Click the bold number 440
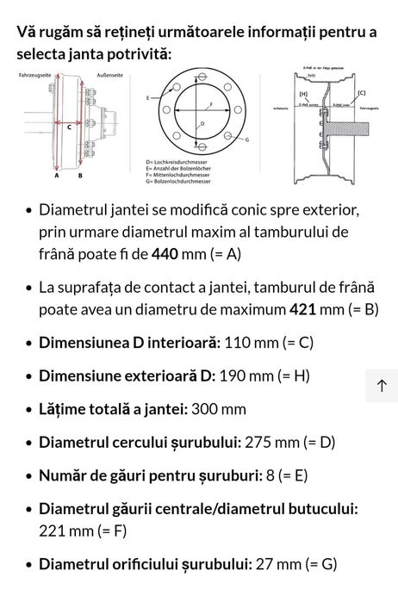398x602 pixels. point(165,253)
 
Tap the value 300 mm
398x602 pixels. point(219,408)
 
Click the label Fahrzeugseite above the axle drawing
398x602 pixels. point(34,76)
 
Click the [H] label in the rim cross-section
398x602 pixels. point(302,92)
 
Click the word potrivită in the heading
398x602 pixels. point(140,54)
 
